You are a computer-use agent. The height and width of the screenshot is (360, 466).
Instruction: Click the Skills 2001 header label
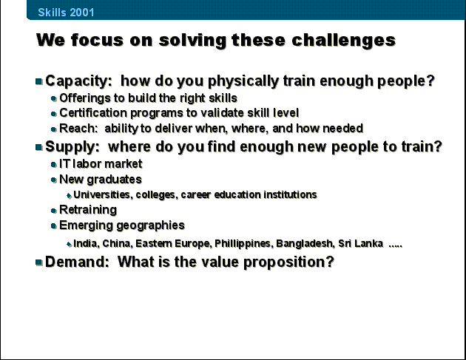[x=66, y=12]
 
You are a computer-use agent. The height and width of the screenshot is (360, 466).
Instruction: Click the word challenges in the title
[x=343, y=41]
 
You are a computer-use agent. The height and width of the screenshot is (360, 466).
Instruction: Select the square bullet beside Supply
[x=39, y=147]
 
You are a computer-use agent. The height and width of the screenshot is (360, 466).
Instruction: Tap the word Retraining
[x=88, y=210]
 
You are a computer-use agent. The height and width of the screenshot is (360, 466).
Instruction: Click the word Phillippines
[x=243, y=243]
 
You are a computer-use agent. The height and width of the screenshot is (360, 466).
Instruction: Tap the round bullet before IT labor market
[x=53, y=164]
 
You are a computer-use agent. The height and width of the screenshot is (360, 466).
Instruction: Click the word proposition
[x=288, y=262]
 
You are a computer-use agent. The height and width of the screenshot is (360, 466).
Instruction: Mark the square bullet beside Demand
[x=39, y=262]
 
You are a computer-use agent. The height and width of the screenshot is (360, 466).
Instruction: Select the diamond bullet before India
[x=70, y=245]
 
